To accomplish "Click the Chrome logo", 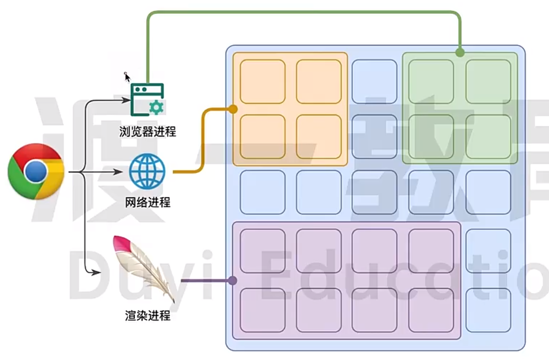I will tap(36, 172).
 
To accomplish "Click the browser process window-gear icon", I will tap(147, 99).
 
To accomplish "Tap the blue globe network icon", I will tap(147, 171).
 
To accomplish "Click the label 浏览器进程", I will tap(147, 131).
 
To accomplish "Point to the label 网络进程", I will tap(147, 202).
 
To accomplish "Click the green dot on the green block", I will tap(460, 53).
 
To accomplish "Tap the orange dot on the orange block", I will tap(233, 109).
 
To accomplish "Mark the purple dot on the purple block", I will tap(232, 281).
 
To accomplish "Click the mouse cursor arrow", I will tap(127, 77).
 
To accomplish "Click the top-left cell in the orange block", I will tap(262, 82).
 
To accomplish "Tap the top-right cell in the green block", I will tap(488, 82).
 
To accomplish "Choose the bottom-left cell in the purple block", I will tap(262, 310).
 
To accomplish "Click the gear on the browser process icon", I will tap(156, 107).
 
